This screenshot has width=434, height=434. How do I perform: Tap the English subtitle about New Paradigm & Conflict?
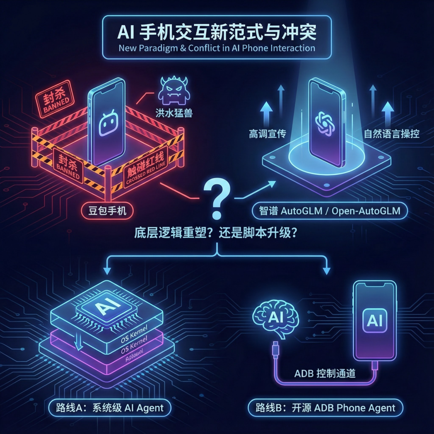click(217, 48)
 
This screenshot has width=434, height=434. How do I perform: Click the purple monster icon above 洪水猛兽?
click(173, 91)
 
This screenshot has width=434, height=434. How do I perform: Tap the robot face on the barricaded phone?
click(108, 123)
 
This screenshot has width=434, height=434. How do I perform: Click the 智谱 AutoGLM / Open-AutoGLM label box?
click(330, 211)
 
